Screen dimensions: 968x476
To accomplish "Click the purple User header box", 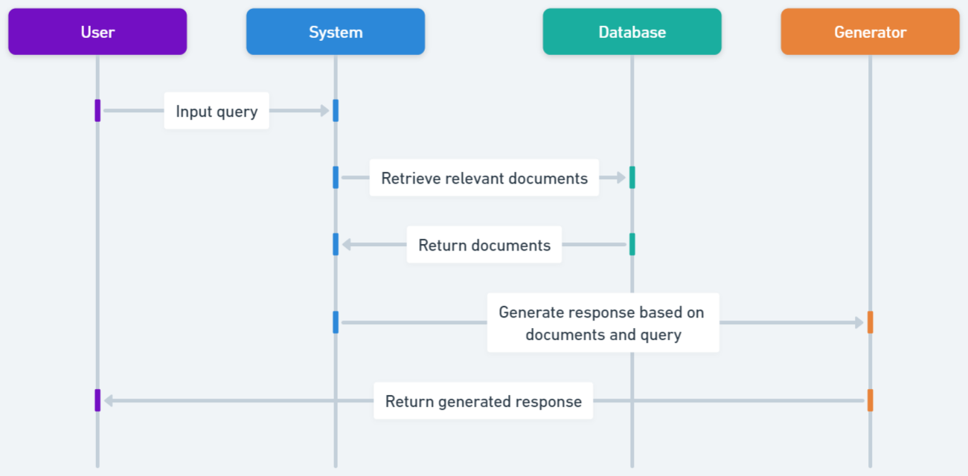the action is click(97, 31).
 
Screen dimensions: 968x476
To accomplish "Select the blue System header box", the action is click(336, 31).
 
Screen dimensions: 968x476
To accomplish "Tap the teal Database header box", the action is click(632, 31).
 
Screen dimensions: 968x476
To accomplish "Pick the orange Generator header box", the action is click(870, 31).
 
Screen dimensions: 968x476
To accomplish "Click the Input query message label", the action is click(217, 111).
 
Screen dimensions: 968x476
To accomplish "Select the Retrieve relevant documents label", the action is click(484, 178).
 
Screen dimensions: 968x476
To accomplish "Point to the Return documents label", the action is click(484, 245).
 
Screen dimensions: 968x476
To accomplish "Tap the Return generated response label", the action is click(483, 401).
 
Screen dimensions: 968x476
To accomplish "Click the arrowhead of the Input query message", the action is click(325, 111).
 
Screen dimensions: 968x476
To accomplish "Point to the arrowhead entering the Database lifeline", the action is click(621, 178).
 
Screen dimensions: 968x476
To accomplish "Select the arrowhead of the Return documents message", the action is click(346, 245).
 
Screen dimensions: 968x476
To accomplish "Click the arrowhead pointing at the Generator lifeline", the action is click(859, 322).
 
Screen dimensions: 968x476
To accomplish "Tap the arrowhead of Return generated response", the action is click(109, 400).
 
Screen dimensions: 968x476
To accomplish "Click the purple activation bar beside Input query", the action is click(97, 111).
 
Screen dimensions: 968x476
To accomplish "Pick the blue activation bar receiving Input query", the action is click(336, 111).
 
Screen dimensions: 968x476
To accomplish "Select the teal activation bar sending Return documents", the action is click(632, 245).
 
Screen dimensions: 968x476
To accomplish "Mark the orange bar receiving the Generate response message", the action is click(871, 322).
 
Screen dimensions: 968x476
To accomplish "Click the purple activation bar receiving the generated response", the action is click(97, 400).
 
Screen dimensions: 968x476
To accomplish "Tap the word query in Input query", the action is click(237, 112).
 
